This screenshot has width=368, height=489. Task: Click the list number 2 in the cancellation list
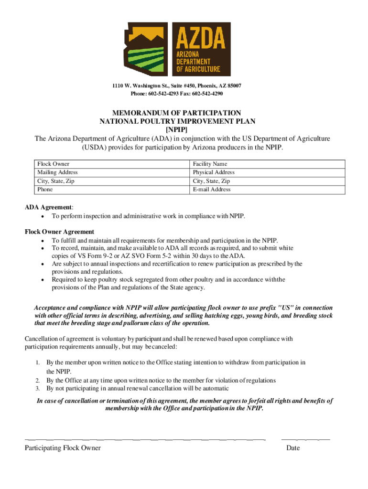point(37,381)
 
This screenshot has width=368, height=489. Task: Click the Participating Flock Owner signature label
point(63,448)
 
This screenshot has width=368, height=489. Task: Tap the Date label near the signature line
point(293,448)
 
